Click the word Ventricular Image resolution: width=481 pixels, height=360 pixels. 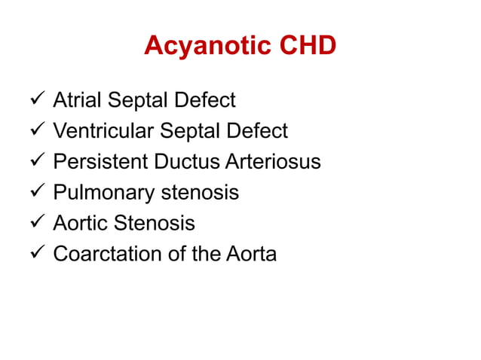102,131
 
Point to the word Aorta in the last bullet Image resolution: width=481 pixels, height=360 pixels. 251,255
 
